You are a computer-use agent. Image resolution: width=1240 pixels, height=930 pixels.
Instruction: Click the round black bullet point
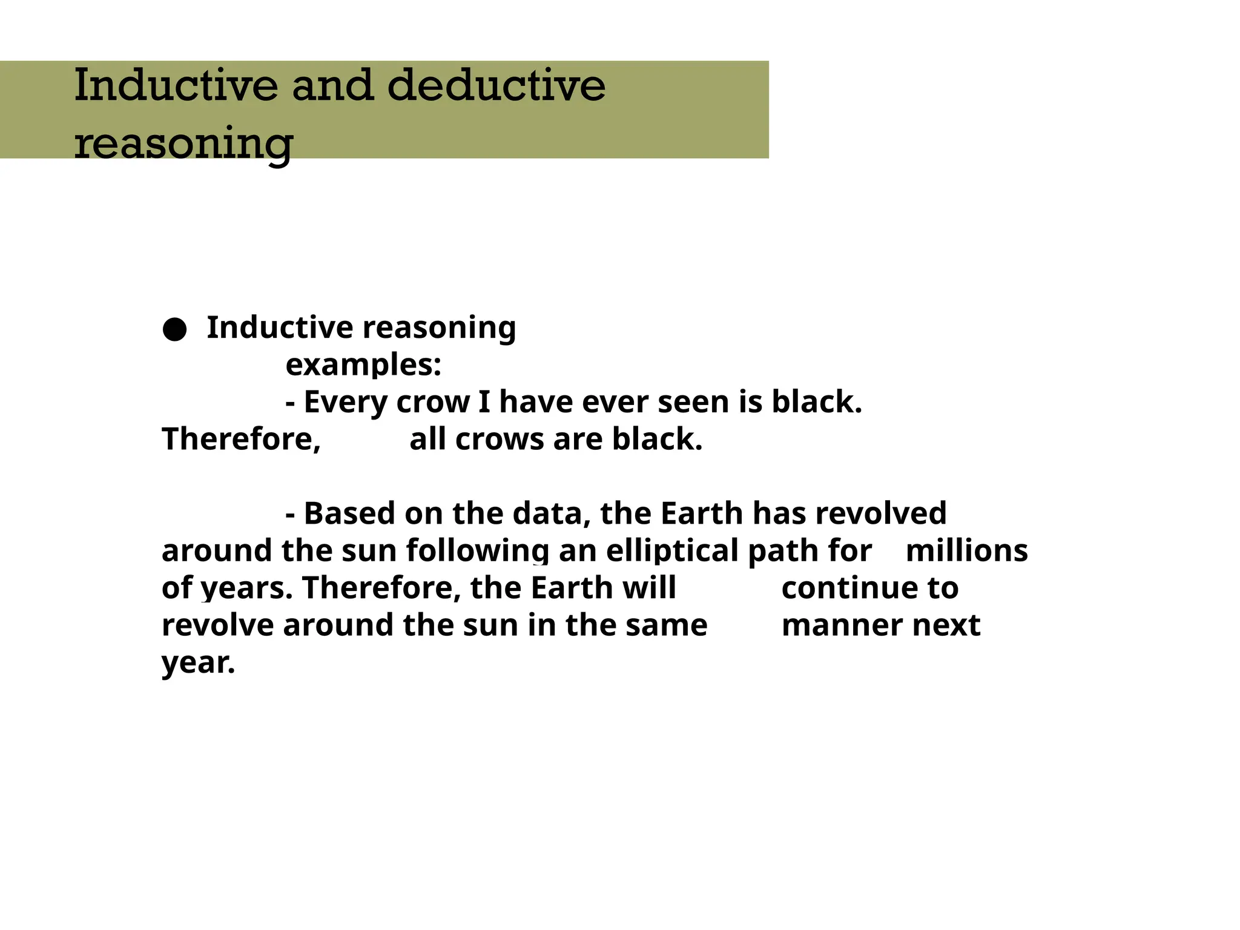(174, 329)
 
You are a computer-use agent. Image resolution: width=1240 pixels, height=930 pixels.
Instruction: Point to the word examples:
(363, 365)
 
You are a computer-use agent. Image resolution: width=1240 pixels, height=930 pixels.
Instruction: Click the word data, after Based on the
(552, 513)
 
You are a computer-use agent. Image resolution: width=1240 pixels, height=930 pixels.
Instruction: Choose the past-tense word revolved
(881, 513)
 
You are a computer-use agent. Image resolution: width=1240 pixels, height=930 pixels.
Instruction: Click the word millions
(966, 551)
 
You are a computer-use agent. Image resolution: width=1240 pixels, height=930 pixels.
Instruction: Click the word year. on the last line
(198, 662)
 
